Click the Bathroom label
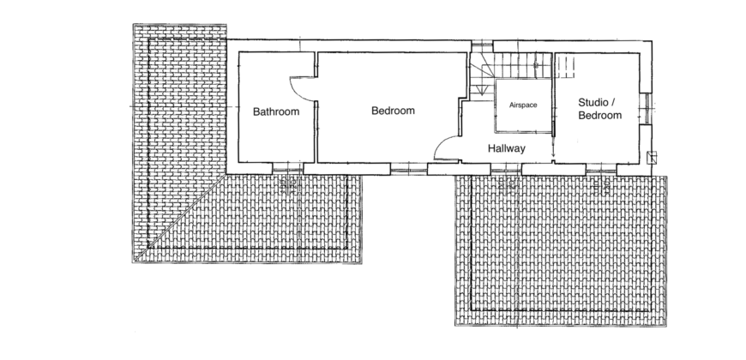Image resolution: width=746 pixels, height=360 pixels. coord(276,111)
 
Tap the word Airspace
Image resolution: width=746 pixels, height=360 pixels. coord(523,105)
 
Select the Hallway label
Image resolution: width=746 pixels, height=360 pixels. coord(506,149)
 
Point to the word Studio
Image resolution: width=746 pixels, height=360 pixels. coord(593,102)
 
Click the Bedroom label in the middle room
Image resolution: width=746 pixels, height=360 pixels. coord(393,111)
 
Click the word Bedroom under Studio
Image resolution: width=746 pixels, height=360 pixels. coord(600,115)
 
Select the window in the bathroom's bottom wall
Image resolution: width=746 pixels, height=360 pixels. coord(287,168)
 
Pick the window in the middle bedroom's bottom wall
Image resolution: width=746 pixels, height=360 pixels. coord(408,169)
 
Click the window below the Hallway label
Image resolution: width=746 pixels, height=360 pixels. coord(506,169)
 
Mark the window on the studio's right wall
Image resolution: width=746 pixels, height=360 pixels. coord(645,109)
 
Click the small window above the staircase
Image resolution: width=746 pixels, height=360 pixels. coord(482,46)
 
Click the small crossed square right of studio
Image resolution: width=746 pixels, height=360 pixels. coord(652,158)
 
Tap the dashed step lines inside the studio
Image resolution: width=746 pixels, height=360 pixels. coord(566,67)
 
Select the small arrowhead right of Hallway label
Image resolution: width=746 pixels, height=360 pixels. coord(553,154)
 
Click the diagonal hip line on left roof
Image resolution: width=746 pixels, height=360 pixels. coord(180,218)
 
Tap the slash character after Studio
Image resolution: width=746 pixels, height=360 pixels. coord(613,102)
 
